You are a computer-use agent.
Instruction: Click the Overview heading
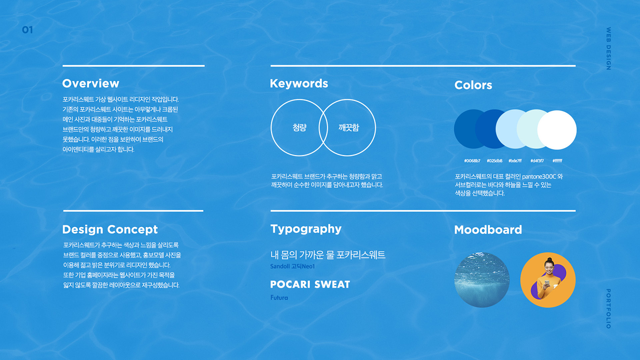pos(91,84)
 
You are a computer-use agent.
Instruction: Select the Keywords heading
pos(299,84)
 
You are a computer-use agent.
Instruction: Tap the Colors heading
pos(473,85)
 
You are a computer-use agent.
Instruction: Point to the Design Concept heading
pos(110,229)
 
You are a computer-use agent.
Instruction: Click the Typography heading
pos(306,229)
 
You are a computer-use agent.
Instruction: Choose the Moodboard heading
pos(488,230)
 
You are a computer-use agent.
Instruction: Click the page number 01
pos(28,30)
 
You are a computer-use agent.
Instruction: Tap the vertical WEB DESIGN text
pos(608,48)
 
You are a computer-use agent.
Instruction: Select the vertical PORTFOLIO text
pos(608,308)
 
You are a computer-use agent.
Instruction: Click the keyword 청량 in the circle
pos(300,128)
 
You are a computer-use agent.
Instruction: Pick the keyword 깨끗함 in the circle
pos(348,128)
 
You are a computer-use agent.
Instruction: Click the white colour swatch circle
pos(557,130)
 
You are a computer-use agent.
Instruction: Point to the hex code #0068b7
pos(472,161)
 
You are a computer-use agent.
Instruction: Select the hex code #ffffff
pos(557,161)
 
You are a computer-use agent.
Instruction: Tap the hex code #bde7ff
pos(515,161)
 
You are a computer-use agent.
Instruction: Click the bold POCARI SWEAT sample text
pos(310,284)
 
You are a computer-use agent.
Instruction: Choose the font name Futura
pos(279,298)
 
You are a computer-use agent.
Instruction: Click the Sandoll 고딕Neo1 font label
pos(292,266)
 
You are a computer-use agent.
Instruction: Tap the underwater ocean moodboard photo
pos(482,280)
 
